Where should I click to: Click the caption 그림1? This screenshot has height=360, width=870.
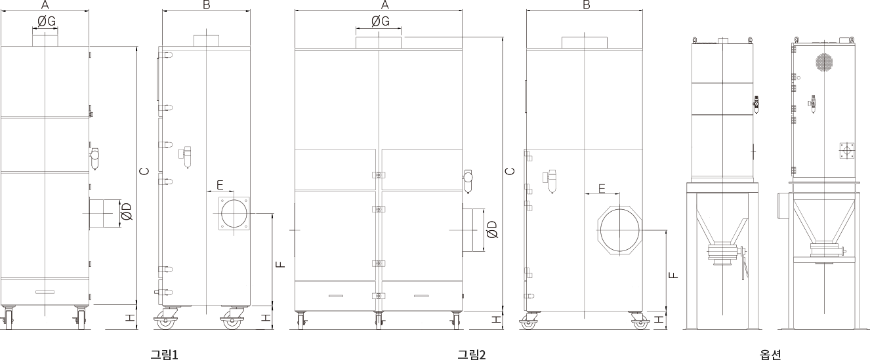pos(164,354)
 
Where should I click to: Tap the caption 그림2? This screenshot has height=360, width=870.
pos(472,354)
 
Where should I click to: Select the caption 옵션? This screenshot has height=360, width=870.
pos(770,354)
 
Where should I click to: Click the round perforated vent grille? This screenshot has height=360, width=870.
pos(824,62)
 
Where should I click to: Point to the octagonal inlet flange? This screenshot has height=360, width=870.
pos(619,230)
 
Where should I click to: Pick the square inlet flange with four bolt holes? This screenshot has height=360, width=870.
pos(234,213)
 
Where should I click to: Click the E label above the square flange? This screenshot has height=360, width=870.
pos(220,185)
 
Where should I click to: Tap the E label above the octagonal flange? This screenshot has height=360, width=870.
pos(602,188)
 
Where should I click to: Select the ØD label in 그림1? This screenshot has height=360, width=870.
pos(127,212)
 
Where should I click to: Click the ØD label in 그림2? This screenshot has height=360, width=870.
pos(491,229)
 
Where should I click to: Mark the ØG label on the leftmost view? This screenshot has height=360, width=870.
pos(47,22)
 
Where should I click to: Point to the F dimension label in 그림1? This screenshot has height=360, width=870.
pos(280,264)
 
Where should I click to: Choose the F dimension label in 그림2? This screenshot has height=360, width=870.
pos(673,275)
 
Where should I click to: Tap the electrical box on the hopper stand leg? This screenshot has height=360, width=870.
pos(782,206)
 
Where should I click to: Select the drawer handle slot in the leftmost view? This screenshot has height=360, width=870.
pos(45,292)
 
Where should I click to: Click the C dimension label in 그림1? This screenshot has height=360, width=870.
pos(144,171)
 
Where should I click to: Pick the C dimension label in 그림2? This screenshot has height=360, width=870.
pos(510,171)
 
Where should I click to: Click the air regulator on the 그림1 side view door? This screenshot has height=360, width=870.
pos(186,156)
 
